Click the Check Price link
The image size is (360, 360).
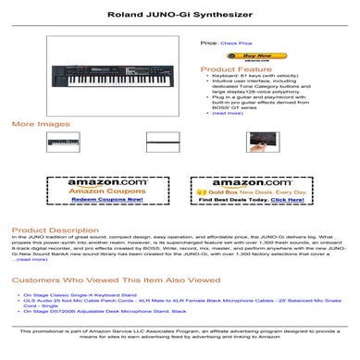pos(236,43)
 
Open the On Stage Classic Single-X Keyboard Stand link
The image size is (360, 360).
pos(83,295)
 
